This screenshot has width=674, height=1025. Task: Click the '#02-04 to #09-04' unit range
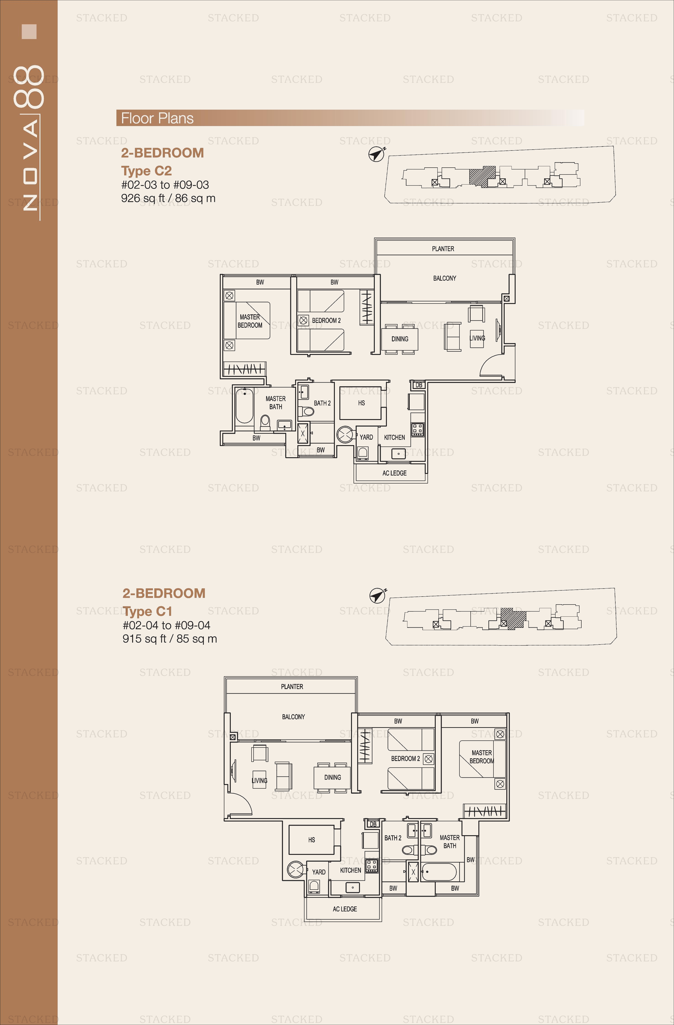coord(167,625)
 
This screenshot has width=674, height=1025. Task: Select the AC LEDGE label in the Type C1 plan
coord(345,909)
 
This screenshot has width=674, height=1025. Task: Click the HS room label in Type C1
coord(312,840)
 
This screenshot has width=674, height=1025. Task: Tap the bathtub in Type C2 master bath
coord(244,405)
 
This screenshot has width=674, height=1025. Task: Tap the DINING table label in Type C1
coord(333,777)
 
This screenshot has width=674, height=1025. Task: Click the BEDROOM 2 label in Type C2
coord(326,320)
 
